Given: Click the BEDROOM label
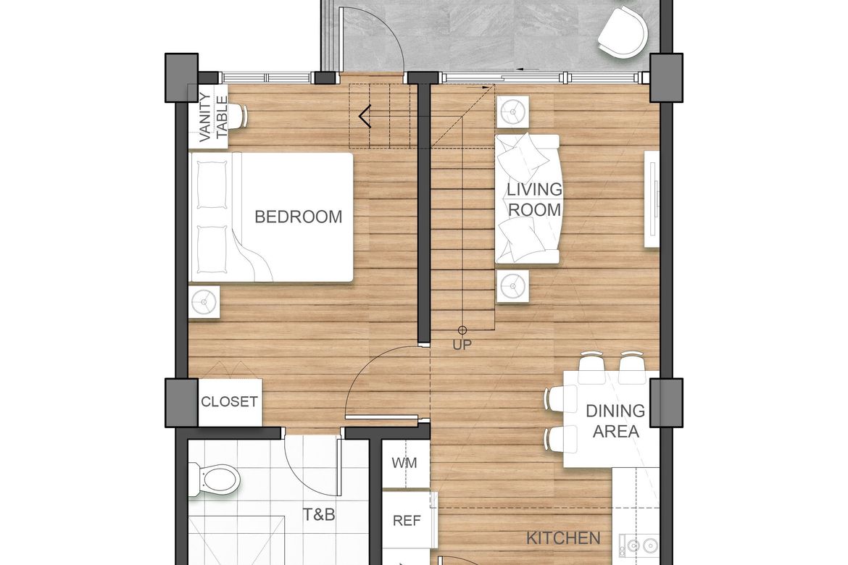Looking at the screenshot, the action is pyautogui.click(x=298, y=217).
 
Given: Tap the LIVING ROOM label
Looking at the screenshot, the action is pyautogui.click(x=534, y=199).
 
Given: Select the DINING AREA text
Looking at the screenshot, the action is pyautogui.click(x=615, y=421).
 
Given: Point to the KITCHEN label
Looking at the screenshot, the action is pyautogui.click(x=563, y=538).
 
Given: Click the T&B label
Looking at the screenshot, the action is pyautogui.click(x=318, y=514).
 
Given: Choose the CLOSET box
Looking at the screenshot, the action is pyautogui.click(x=230, y=402).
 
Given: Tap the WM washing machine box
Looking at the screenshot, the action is pyautogui.click(x=405, y=464).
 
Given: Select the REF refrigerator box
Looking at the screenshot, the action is pyautogui.click(x=407, y=521).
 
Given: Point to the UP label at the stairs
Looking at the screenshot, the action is pyautogui.click(x=462, y=345).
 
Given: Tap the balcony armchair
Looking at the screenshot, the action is pyautogui.click(x=623, y=33).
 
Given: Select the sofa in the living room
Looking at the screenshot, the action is pyautogui.click(x=528, y=199).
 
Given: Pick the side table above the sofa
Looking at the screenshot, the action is pyautogui.click(x=512, y=112).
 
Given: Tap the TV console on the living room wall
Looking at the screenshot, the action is pyautogui.click(x=652, y=199).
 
